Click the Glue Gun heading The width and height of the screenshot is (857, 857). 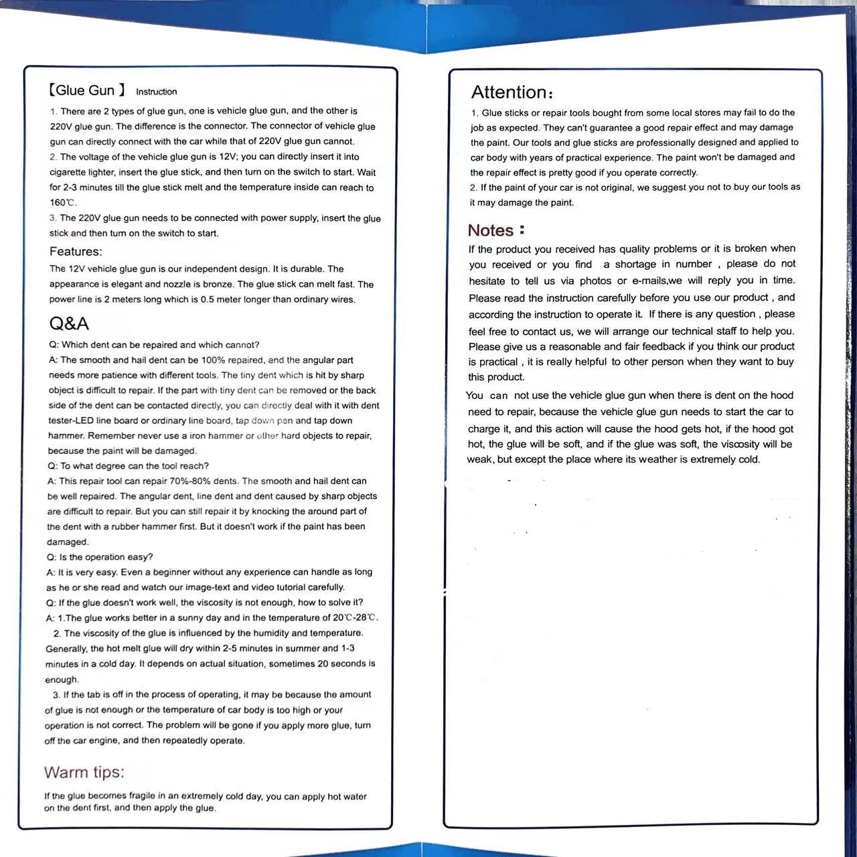click(x=86, y=90)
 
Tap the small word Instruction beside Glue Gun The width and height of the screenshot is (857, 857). click(x=157, y=92)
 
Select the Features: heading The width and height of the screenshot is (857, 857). click(x=76, y=252)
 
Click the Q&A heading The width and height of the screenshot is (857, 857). click(x=69, y=323)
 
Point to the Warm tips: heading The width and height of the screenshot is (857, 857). click(x=84, y=772)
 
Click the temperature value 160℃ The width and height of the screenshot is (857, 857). click(x=63, y=203)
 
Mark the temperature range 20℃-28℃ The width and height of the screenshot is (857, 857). click(x=355, y=618)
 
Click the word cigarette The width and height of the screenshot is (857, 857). click(x=70, y=172)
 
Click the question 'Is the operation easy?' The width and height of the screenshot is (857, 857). click(x=106, y=557)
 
